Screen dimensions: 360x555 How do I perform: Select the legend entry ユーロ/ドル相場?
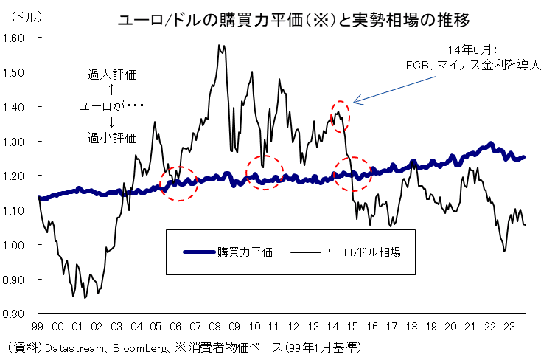362,252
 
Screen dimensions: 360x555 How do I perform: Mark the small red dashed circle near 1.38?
339,116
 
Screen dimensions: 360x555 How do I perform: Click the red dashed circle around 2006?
178,184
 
